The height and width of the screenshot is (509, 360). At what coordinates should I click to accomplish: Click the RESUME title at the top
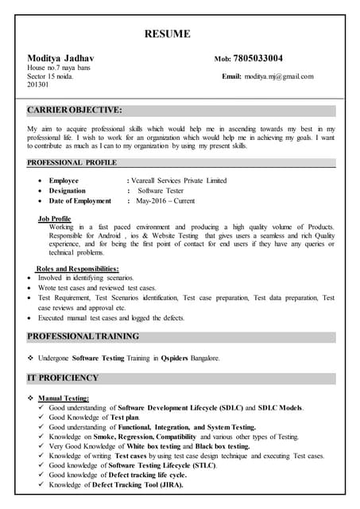tap(167, 33)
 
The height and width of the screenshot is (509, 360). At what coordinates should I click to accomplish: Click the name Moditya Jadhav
tap(60, 59)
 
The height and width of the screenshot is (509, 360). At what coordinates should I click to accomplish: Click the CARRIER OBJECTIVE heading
tap(75, 110)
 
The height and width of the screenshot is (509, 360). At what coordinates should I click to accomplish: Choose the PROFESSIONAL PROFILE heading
tap(72, 162)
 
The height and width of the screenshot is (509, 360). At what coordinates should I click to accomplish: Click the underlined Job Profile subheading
tap(54, 219)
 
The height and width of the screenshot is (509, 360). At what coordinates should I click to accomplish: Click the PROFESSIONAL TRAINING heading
tap(83, 336)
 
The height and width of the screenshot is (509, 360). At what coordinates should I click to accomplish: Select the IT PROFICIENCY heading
tap(63, 378)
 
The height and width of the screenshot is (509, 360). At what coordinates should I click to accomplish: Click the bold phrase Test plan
tap(124, 418)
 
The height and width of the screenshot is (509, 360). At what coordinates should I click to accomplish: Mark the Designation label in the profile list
tap(67, 191)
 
